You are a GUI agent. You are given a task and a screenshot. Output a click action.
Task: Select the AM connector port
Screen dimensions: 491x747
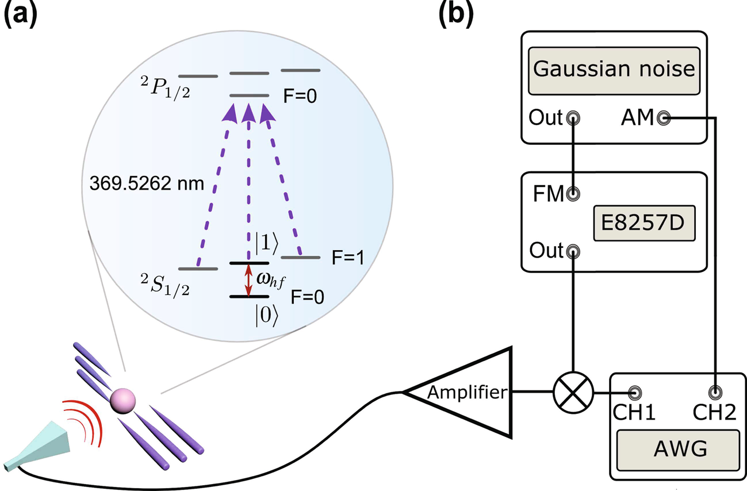[665, 118]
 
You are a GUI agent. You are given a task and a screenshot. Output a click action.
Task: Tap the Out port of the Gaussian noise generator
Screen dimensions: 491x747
[573, 118]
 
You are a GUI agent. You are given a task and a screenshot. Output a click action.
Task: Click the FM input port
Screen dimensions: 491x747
[573, 194]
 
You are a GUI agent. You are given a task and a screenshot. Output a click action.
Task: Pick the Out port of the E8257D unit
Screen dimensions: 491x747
[573, 251]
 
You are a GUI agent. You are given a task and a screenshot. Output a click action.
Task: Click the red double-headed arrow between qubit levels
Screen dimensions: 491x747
[248, 280]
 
